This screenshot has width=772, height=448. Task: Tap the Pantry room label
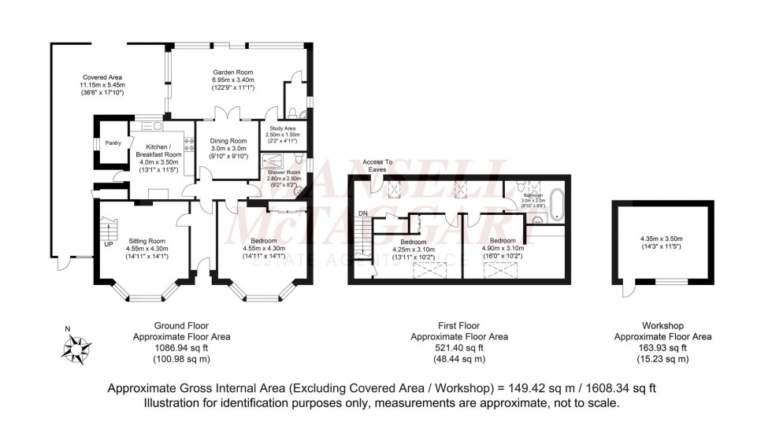click(x=113, y=143)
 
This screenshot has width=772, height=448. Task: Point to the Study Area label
click(x=280, y=128)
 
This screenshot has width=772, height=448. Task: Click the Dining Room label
click(x=228, y=141)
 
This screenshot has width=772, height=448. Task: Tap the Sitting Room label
click(x=146, y=241)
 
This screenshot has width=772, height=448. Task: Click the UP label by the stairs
click(x=107, y=244)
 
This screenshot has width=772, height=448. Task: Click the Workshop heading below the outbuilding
click(x=663, y=325)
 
